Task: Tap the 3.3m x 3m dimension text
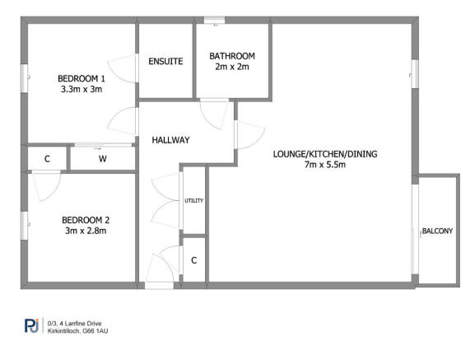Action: (x=81, y=90)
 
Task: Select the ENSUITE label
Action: (x=165, y=62)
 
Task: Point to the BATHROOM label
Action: (x=232, y=56)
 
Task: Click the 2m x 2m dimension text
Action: (x=232, y=68)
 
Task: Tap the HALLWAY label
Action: (x=171, y=140)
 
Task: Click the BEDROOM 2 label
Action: (x=86, y=220)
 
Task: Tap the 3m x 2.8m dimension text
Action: (x=86, y=231)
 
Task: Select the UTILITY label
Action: (x=193, y=201)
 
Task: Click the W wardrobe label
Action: (x=103, y=158)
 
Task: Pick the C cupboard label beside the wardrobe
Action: (x=47, y=158)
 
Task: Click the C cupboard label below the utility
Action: (x=193, y=260)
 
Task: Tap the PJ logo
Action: (x=31, y=327)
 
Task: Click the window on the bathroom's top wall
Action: (x=216, y=21)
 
